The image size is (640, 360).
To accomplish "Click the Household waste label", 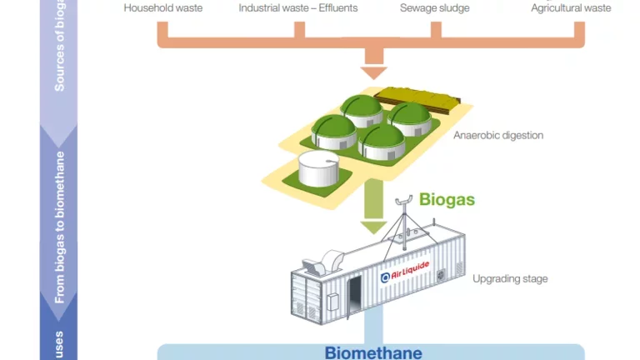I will [x=163, y=8].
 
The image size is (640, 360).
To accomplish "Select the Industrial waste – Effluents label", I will [x=297, y=8].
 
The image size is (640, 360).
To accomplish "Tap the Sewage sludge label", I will [x=434, y=8].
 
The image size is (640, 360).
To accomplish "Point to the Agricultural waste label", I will [x=571, y=8].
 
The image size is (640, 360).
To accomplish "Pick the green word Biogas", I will [x=447, y=200].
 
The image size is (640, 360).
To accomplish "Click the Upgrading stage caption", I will [x=510, y=279].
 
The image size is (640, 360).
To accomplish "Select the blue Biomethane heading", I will [x=372, y=352].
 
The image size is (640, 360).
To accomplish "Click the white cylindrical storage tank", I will [x=320, y=170].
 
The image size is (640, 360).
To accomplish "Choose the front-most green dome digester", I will [x=381, y=142].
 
